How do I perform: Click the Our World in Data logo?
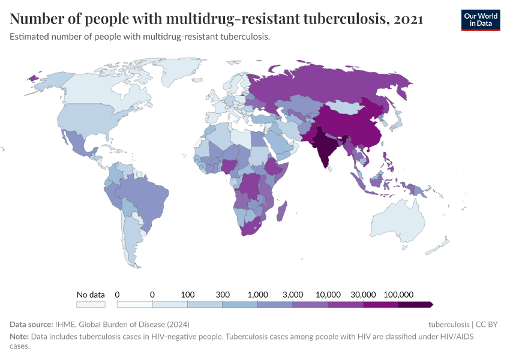pos(480,19)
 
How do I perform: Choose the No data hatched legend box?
pos(91,305)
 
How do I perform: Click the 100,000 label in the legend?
pos(398,295)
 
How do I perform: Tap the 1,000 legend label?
pos(257,295)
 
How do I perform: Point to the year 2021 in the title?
pos(408,19)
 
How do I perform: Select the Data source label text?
pos(31,325)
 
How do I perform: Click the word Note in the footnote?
pos(19,337)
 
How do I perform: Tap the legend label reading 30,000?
pos(363,295)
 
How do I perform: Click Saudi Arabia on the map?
pos(278,142)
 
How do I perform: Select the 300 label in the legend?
pos(223,295)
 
